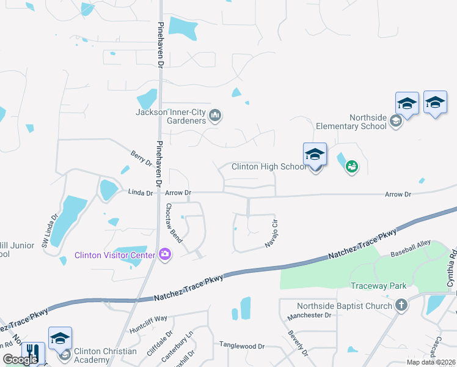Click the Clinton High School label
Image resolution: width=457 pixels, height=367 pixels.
269,167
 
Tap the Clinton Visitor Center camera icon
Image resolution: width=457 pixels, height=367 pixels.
164,254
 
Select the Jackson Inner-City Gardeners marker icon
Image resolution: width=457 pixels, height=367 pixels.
214,116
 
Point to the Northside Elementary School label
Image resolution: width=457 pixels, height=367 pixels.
351,122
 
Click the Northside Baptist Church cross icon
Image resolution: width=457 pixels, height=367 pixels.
401,306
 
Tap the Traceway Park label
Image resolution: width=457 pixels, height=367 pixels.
379,286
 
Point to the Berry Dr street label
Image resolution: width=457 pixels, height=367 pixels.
141,158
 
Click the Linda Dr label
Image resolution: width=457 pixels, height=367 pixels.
140,193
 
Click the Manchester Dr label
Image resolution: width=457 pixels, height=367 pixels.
310,315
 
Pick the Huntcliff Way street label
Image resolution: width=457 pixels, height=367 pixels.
148,324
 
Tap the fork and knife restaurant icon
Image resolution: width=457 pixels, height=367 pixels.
33,353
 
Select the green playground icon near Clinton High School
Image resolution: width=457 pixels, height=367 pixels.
351,166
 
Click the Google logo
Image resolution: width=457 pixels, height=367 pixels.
20,360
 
